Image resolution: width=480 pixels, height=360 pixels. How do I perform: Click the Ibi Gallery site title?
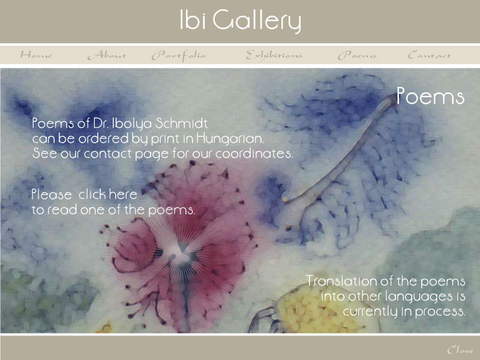pos(241,20)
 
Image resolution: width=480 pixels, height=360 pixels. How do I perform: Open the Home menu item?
pos(36,55)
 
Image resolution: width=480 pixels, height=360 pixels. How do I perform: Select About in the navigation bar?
pos(107,55)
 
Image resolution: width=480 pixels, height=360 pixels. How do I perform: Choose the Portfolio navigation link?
pos(178,56)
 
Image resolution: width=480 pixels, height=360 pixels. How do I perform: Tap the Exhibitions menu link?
pos(274,55)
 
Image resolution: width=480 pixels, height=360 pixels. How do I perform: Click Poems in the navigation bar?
pos(357,55)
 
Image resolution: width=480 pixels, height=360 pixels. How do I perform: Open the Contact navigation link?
pos(430,55)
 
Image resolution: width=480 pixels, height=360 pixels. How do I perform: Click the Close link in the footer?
pos(460,350)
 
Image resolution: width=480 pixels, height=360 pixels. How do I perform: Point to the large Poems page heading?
pos(430,96)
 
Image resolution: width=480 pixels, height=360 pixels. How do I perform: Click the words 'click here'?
pos(108,194)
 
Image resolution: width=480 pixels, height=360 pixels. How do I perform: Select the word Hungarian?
pos(230,139)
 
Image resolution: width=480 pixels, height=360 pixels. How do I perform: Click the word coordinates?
pos(254,154)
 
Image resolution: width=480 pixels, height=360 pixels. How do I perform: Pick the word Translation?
pos(346,281)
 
